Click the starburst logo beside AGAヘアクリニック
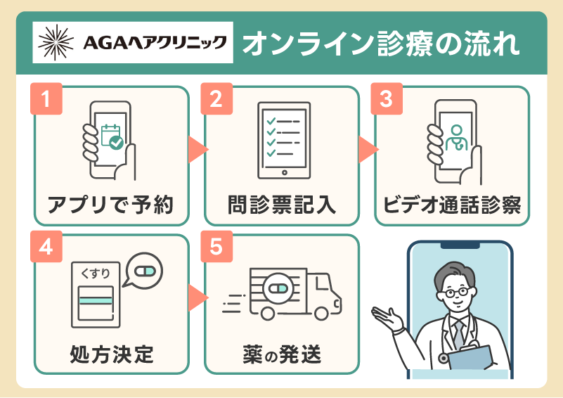tap(54, 44)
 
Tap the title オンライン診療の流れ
tap(381, 44)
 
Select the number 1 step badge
tap(46, 99)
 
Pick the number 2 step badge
tap(216, 99)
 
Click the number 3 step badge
tap(385, 99)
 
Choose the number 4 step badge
tap(46, 248)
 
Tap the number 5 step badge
tap(216, 248)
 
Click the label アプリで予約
tap(110, 203)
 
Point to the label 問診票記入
tap(281, 203)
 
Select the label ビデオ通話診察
tap(451, 203)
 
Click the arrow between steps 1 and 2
tap(197, 149)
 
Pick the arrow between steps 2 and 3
tap(367, 149)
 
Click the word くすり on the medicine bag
tap(93, 271)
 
